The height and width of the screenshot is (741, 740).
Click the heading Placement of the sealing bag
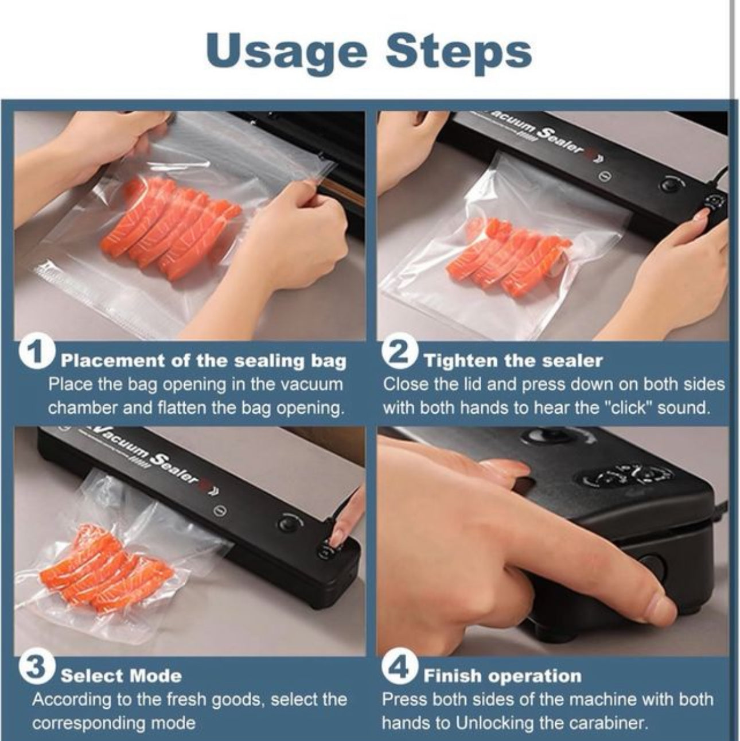pos(204,361)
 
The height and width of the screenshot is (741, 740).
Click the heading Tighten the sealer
pos(513,361)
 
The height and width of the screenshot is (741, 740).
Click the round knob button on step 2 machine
pos(671,184)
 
